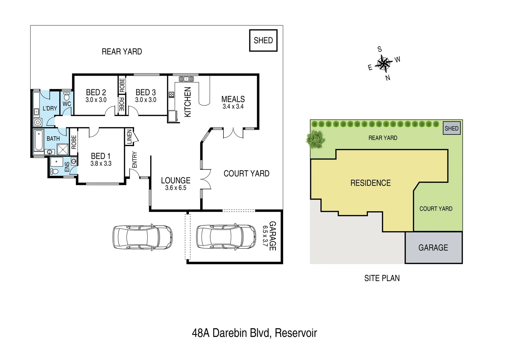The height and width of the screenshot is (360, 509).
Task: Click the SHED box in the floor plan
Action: coord(263,40)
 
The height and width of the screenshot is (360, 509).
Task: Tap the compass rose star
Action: coord(384,63)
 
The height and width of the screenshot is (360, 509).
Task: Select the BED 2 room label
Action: coord(96,92)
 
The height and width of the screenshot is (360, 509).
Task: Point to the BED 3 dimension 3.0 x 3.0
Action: coord(146,100)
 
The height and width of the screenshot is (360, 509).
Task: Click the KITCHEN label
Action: coord(188,102)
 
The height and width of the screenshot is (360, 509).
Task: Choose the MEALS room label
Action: coord(233,99)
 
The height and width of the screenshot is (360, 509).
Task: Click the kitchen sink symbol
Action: coord(186,79)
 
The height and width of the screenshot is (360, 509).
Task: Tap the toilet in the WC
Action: coord(67,97)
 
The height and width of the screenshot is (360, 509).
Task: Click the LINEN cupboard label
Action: coord(129,137)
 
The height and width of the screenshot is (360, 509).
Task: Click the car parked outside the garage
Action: coord(143,237)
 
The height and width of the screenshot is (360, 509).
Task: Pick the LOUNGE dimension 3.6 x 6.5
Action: coord(176,188)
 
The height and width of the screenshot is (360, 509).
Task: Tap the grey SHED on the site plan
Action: coord(451,128)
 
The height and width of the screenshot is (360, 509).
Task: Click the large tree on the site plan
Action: coord(315,139)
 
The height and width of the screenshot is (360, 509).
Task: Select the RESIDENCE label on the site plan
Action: coord(370,183)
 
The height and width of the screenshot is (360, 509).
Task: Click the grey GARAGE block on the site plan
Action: coord(433,248)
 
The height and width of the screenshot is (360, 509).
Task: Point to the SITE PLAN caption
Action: coord(382,278)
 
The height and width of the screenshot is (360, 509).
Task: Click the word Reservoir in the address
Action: coord(296,333)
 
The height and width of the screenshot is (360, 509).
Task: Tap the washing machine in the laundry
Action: coord(38,122)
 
